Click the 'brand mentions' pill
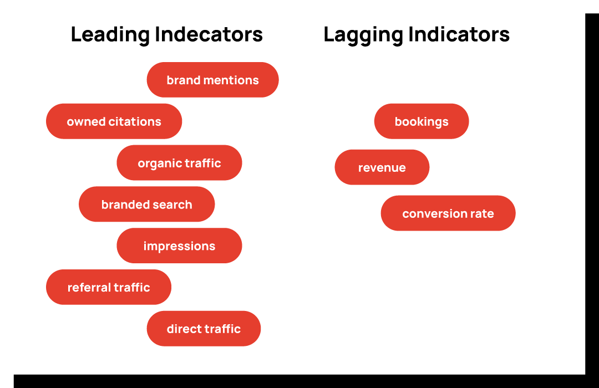[x=213, y=80]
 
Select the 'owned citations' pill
[x=114, y=121]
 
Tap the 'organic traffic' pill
[x=179, y=163]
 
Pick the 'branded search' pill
[x=146, y=204]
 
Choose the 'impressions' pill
[x=179, y=246]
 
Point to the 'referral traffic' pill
[x=109, y=287]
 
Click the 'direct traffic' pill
[x=204, y=329]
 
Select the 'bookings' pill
[x=422, y=121]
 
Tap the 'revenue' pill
[x=382, y=167]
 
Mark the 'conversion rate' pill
[x=448, y=213]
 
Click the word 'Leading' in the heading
[x=110, y=35]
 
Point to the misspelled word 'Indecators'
[x=209, y=34]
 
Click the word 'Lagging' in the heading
[x=363, y=35]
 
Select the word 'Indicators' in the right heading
[x=459, y=34]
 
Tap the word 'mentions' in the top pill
[x=231, y=80]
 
